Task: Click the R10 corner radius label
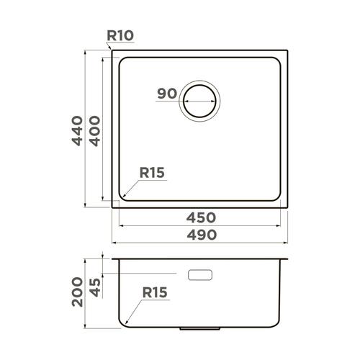point(120,35)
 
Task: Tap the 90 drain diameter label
point(167,94)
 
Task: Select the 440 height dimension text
point(77,131)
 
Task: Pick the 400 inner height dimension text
point(95,131)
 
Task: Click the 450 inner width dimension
point(201,217)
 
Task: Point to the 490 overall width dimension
point(202,235)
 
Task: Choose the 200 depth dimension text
point(77,292)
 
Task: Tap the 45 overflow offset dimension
point(95,287)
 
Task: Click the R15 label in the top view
point(152,173)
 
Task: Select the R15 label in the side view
point(155,292)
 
